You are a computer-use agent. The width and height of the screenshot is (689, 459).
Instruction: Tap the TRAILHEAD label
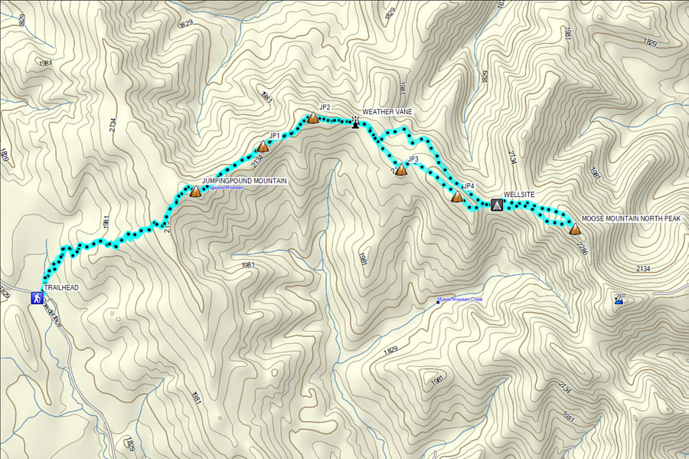(x=61, y=287)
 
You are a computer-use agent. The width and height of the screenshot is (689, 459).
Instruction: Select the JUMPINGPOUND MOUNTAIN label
(x=244, y=181)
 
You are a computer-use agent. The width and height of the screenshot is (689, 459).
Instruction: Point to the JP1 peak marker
(x=263, y=146)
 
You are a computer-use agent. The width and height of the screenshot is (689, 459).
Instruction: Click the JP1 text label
(x=274, y=136)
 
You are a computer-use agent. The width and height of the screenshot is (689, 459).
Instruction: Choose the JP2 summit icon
(x=312, y=118)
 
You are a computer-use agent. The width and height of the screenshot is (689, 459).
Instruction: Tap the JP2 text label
(x=325, y=107)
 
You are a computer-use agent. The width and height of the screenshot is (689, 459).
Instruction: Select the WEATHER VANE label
(x=387, y=112)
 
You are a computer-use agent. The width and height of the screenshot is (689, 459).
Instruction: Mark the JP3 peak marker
(x=400, y=169)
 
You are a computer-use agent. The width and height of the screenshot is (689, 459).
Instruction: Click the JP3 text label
(x=413, y=159)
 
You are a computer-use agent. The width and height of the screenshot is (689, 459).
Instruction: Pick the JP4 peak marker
(x=457, y=197)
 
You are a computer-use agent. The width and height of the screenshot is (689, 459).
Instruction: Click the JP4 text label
(x=470, y=186)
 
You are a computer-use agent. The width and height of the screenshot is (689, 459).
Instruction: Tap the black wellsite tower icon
(x=497, y=205)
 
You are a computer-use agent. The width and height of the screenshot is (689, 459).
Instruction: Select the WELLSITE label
(x=519, y=195)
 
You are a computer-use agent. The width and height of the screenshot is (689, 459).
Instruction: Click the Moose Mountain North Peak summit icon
(x=575, y=228)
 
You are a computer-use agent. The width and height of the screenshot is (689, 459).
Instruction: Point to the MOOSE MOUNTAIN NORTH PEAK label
(x=631, y=218)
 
